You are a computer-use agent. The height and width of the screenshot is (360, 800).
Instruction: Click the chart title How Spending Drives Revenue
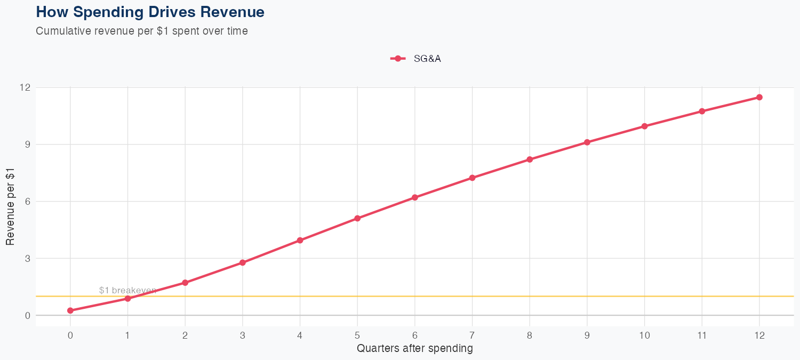point(150,12)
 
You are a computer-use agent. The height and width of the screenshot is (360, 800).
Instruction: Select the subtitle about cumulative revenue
point(142,31)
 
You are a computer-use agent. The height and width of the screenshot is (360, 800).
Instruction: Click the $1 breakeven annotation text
point(127,290)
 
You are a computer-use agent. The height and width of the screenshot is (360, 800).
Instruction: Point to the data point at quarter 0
point(70,310)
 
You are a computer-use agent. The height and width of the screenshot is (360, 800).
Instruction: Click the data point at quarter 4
point(300,241)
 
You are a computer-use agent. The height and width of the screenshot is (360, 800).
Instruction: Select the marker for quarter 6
point(415,197)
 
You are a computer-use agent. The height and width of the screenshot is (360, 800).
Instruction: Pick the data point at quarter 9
point(587,142)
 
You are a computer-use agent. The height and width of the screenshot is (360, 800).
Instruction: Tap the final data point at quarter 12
point(759,97)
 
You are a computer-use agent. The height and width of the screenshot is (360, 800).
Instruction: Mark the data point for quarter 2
point(185,283)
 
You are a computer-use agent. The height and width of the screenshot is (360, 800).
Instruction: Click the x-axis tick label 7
point(472,335)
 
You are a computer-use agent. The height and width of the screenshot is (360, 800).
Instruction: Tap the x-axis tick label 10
point(644,335)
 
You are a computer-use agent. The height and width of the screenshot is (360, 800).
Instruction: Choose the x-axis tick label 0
point(70,335)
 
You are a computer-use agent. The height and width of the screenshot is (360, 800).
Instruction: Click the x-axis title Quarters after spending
point(414,349)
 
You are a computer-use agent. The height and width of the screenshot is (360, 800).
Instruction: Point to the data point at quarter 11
point(702,111)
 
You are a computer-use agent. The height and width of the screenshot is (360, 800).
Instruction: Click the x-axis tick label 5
point(357,335)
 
